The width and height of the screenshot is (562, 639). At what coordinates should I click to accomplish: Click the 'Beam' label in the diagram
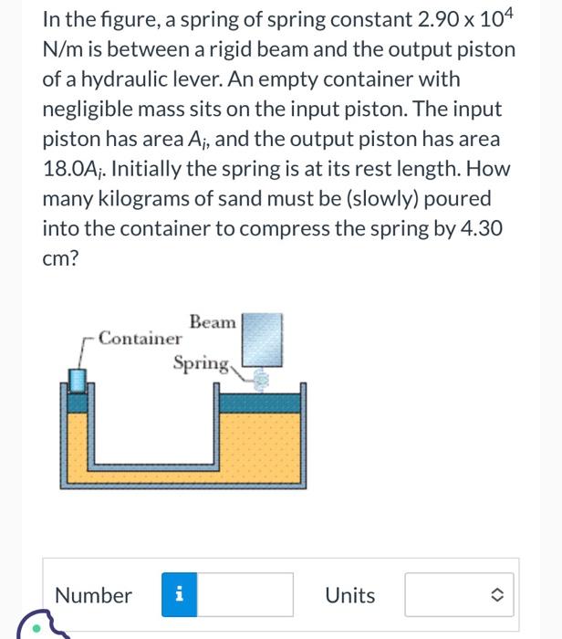pyautogui.click(x=213, y=322)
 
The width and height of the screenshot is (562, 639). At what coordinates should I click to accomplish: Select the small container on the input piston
pyautogui.click(x=79, y=378)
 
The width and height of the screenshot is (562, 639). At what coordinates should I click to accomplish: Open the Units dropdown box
pyautogui.click(x=461, y=595)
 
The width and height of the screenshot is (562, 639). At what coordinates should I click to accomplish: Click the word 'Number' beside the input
pyautogui.click(x=93, y=596)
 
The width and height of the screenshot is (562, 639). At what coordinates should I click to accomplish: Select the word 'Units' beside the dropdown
pyautogui.click(x=350, y=596)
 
